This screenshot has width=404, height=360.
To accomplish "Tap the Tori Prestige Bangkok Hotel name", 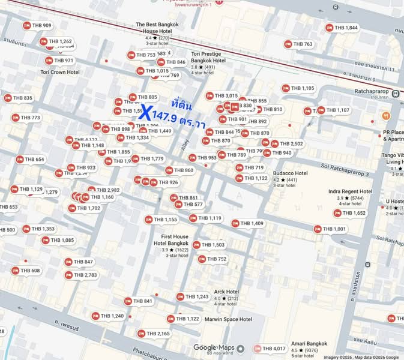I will [x=208, y=57].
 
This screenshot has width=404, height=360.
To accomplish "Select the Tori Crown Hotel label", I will [x=60, y=72].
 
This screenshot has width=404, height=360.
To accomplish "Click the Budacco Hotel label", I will [x=291, y=173].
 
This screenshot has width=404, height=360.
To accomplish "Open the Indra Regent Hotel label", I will [x=350, y=191].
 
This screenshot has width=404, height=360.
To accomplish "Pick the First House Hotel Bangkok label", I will [x=171, y=240].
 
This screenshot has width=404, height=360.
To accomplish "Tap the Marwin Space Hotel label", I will [x=228, y=319].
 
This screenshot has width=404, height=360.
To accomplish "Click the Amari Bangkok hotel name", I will [x=309, y=344].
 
